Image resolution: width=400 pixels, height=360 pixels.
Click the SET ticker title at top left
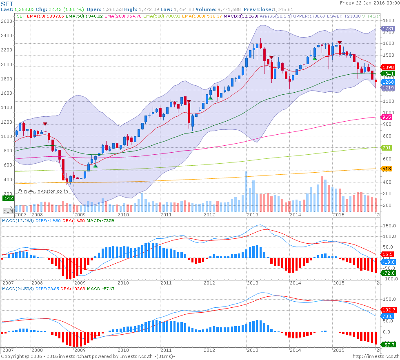click(6, 3)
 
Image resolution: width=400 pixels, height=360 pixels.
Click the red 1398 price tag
click(387, 67)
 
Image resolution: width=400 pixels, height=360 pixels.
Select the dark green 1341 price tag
click(387, 74)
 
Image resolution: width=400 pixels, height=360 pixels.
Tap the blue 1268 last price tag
click(387, 82)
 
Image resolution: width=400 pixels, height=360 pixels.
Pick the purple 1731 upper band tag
click(387, 29)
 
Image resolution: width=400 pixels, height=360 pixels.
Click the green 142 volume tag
click(8, 198)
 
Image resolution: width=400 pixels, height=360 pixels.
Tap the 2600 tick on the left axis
click(7, 21)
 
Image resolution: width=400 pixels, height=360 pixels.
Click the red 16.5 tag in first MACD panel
click(387, 254)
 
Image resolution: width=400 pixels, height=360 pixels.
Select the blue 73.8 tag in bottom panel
click(387, 316)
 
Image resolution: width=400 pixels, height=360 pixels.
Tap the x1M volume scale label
click(8, 211)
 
